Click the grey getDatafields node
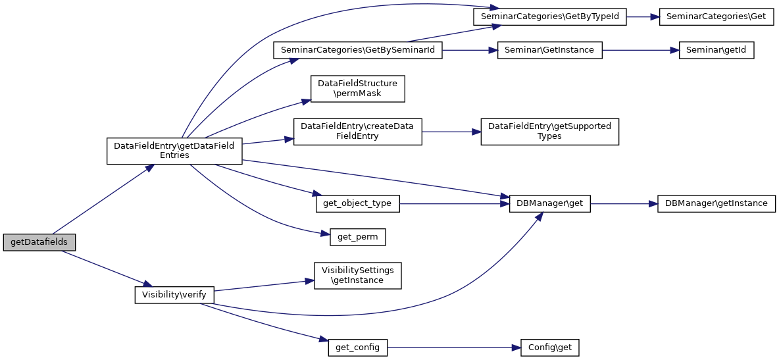[x=39, y=242]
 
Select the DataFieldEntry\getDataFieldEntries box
[x=174, y=149]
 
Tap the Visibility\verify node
[x=174, y=294]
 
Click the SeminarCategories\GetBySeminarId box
[x=358, y=50]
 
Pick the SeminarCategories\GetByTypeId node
[x=549, y=16]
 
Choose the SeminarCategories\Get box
[x=716, y=16]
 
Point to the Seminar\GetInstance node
[x=549, y=50]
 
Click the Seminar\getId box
[x=716, y=50]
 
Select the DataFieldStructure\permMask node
[x=358, y=89]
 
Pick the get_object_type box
[x=358, y=203]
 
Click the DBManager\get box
[x=549, y=203]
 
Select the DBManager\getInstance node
[x=716, y=203]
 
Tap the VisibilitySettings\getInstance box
[x=358, y=274]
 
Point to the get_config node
[x=358, y=347]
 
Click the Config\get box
[x=549, y=347]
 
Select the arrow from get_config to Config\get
[x=454, y=347]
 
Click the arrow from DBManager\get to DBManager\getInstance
[x=624, y=203]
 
